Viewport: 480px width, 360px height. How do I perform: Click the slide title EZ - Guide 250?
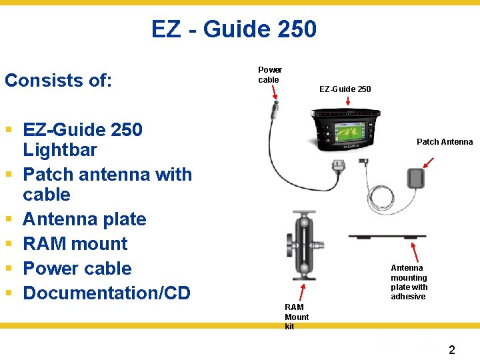pos(233,29)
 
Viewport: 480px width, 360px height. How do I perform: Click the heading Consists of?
pos(58,81)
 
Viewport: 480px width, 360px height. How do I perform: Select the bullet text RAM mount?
pos(75,244)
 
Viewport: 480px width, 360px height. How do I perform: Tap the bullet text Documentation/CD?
pos(107,293)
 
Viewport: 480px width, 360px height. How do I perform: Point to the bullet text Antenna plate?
pos(84,219)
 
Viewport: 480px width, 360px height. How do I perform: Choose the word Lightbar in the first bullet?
pos(59,150)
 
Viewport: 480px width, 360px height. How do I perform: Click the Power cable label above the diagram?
pos(269,75)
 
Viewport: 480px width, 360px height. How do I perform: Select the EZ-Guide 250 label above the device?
pos(345,89)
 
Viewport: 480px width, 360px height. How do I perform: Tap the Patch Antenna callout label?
pos(444,142)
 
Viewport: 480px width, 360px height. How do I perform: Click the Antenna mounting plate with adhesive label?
pos(409,282)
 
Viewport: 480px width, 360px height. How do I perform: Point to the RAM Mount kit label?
pos(297,317)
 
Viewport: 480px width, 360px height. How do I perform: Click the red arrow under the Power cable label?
pos(274,93)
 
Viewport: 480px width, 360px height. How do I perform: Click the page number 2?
pos(451,349)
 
